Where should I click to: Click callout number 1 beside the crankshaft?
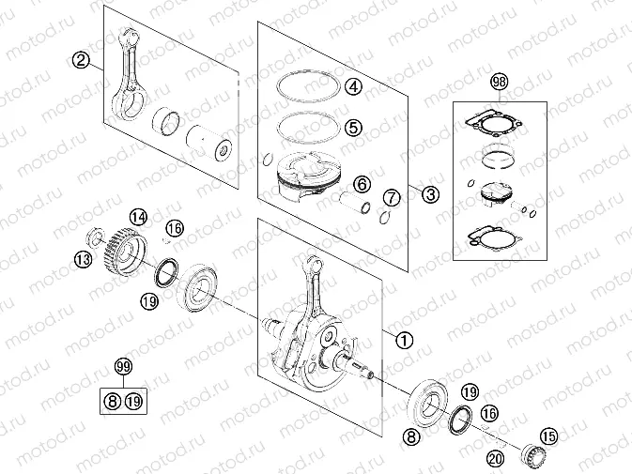pos(404,340)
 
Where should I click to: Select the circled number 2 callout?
pos(82,61)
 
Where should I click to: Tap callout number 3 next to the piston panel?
pos(429,195)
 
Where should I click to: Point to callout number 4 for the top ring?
pos(353,87)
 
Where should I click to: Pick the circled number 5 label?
pos(353,126)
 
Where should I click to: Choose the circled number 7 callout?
pos(392,198)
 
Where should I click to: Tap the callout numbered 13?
pos(84,259)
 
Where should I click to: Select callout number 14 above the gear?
pos(138,218)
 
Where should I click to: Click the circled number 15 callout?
pos(548,436)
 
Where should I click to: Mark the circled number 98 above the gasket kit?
pos(498,83)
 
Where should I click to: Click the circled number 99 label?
pos(122,365)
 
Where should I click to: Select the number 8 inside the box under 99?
pos(112,402)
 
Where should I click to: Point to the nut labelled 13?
pos(96,236)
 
